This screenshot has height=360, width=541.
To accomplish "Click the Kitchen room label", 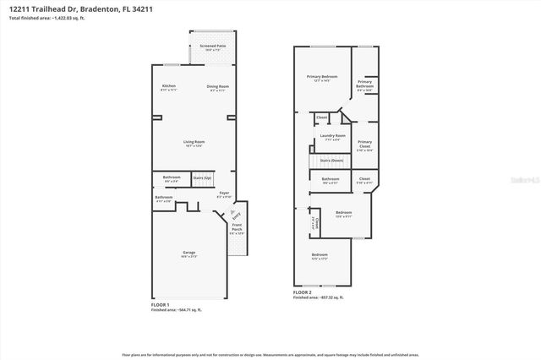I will [169, 86].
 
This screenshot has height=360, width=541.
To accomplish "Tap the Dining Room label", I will [218, 86].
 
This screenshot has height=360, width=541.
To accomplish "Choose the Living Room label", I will [194, 142].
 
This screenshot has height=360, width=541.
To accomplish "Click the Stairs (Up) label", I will [201, 178].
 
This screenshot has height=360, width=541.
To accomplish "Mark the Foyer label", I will [224, 194].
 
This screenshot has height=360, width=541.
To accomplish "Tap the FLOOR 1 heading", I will [160, 303].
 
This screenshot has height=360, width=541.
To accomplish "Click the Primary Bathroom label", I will [364, 83].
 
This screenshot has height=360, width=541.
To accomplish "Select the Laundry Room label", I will [331, 136].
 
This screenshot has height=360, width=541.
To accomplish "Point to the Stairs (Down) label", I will [331, 160].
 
